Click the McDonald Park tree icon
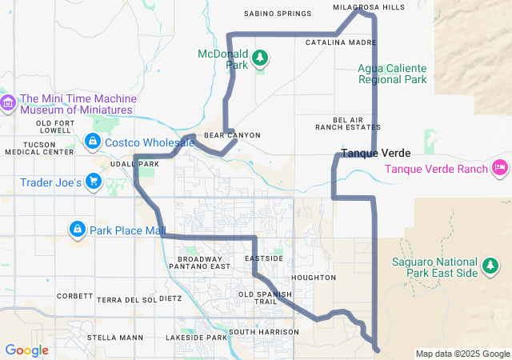pyautogui.click(x=259, y=58)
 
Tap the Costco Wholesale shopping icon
pyautogui.click(x=92, y=142)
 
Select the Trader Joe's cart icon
pyautogui.click(x=94, y=182)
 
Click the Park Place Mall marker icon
pyautogui.click(x=77, y=230)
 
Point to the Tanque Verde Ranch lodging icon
pyautogui.click(x=500, y=167)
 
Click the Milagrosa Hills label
pyautogui.click(x=369, y=7)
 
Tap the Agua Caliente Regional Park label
pyautogui.click(x=392, y=74)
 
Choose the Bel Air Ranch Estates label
pyautogui.click(x=347, y=123)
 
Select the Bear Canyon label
pyautogui.click(x=232, y=135)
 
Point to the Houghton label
pyautogui.click(x=314, y=278)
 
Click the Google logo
pyautogui.click(x=26, y=350)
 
